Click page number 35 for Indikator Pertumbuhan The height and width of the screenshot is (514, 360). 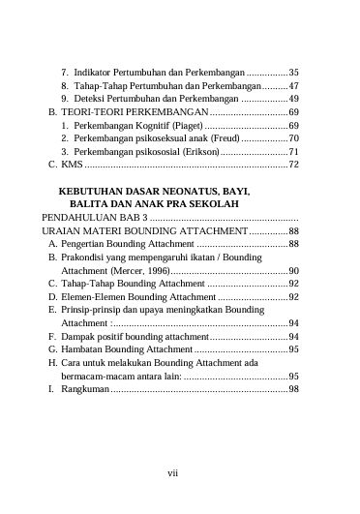(292, 73)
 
